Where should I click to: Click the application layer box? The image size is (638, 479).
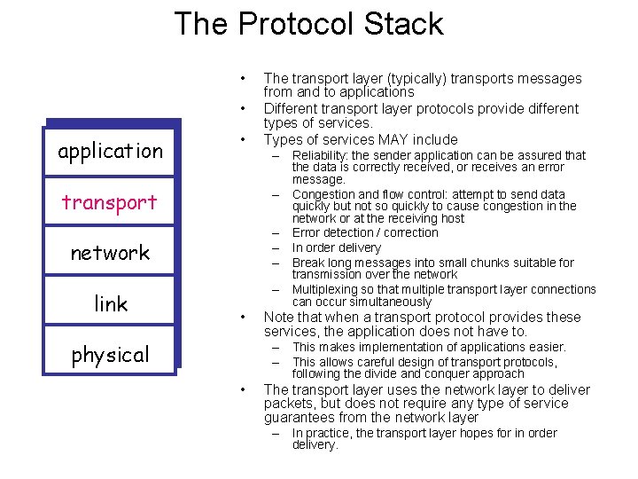coord(110,151)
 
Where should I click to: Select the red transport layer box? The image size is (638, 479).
coord(110,202)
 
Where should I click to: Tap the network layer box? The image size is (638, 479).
coord(110,253)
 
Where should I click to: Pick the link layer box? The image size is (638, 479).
coord(110,304)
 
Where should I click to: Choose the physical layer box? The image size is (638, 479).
coord(110,355)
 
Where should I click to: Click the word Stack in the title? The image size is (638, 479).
coord(400,23)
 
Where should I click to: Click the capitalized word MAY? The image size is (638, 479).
coord(393,139)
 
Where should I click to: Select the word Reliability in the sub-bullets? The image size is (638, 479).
coord(320,155)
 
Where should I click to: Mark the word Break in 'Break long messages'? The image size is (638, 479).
coord(307,263)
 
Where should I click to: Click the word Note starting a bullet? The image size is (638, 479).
coord(279,318)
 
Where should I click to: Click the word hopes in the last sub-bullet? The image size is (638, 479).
coord(470,433)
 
